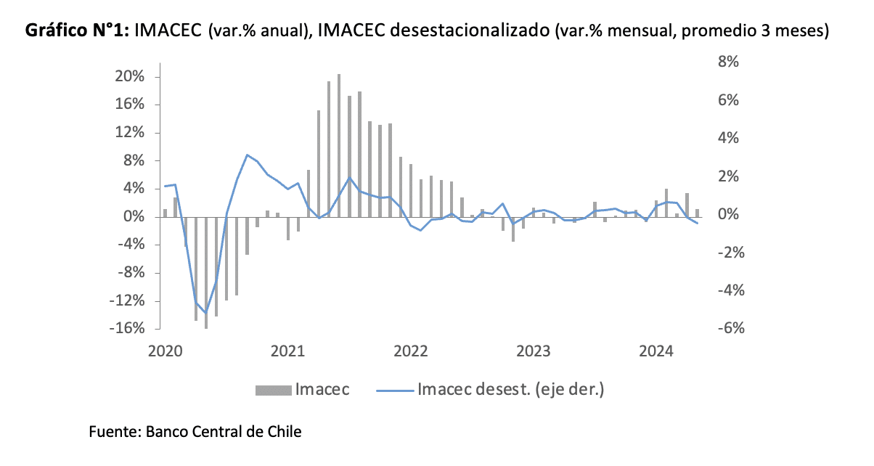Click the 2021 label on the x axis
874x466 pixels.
pos(287,351)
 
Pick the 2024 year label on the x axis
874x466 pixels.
pos(657,351)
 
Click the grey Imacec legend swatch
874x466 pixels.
pos(273,390)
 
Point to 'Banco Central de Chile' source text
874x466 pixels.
pos(224,431)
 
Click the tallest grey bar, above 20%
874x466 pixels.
pos(338,145)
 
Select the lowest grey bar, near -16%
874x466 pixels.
pos(206,272)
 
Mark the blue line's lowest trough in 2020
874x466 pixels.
pos(206,314)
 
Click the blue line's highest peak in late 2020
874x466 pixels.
pos(247,155)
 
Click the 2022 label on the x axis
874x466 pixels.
pos(411,351)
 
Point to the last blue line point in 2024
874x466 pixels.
pos(697,224)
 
